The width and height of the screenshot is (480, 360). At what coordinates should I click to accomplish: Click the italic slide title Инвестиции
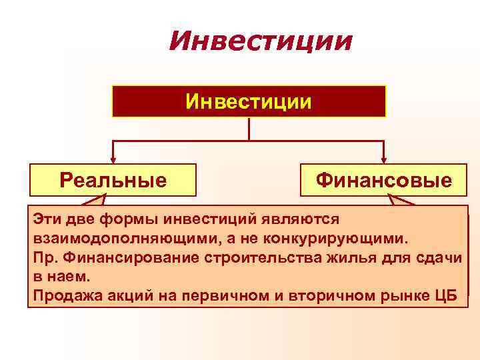pyautogui.click(x=260, y=41)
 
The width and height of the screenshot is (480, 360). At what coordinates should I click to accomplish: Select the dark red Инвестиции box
pyautogui.click(x=249, y=101)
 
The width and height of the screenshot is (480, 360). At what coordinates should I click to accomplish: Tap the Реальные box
pyautogui.click(x=113, y=180)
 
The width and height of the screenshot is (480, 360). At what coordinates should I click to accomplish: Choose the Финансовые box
pyautogui.click(x=383, y=180)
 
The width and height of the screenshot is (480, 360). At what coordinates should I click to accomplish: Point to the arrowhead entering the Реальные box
pyautogui.click(x=113, y=159)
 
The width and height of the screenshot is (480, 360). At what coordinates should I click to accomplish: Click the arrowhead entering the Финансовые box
pyautogui.click(x=383, y=159)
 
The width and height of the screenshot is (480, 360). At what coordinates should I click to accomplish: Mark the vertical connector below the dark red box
pyautogui.click(x=249, y=129)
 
